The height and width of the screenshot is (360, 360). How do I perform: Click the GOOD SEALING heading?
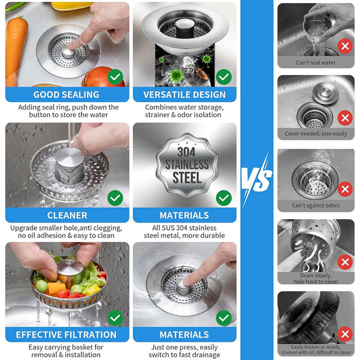pyautogui.click(x=66, y=94)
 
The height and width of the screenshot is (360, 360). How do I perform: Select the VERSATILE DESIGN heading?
pyautogui.click(x=184, y=94)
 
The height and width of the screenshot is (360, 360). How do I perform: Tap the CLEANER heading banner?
pyautogui.click(x=67, y=215)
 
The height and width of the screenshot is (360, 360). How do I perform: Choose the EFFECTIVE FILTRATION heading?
pyautogui.click(x=66, y=334)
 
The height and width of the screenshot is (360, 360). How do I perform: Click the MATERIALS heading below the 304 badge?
pyautogui.click(x=184, y=215)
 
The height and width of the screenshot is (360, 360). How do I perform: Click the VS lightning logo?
pyautogui.click(x=256, y=180)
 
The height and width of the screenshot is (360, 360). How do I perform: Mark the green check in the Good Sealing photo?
pyautogui.click(x=116, y=77)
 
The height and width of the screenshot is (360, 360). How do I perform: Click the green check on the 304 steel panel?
pyautogui.click(x=224, y=197)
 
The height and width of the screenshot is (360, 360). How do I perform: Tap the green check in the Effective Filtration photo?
pyautogui.click(x=116, y=318)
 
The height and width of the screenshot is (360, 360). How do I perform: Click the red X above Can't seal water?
pyautogui.click(x=345, y=46)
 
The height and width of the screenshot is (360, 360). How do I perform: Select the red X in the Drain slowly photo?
pyautogui.click(x=345, y=262)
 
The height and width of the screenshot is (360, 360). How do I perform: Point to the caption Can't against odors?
pyautogui.click(x=315, y=206)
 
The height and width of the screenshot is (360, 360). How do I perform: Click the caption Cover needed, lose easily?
pyautogui.click(x=315, y=134)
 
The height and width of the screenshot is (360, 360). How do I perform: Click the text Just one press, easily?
pyautogui.click(x=184, y=347)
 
